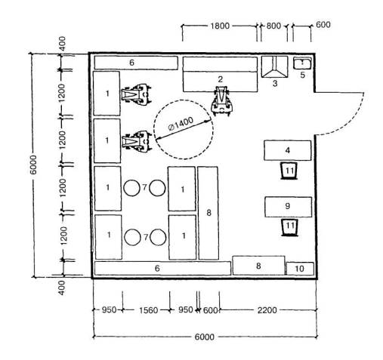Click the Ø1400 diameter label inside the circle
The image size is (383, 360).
pyautogui.click(x=181, y=124)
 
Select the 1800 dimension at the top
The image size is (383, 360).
pyautogui.click(x=220, y=26)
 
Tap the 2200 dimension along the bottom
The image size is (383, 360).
pyautogui.click(x=267, y=310)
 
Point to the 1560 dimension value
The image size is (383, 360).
pyautogui.click(x=149, y=310)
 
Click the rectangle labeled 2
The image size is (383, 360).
pyautogui.click(x=220, y=74)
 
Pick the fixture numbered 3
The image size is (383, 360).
pyautogui.click(x=274, y=67)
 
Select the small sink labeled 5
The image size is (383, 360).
pyautogui.click(x=302, y=63)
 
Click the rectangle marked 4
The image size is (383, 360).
pyautogui.click(x=287, y=150)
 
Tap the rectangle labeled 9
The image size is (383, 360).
pyautogui.click(x=288, y=207)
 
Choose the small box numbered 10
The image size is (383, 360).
pyautogui.click(x=300, y=269)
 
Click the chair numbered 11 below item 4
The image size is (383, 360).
pyautogui.click(x=289, y=171)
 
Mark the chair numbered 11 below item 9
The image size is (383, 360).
pyautogui.click(x=289, y=227)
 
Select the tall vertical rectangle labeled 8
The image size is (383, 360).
pyautogui.click(x=208, y=213)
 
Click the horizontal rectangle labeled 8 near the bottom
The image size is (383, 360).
pyautogui.click(x=258, y=266)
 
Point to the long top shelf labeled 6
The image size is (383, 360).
pyautogui.click(x=136, y=63)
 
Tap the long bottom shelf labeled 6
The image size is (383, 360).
pyautogui.click(x=162, y=269)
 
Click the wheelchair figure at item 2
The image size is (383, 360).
pyautogui.click(x=222, y=101)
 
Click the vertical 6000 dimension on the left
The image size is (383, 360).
pyautogui.click(x=33, y=165)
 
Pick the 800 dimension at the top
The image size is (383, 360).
pyautogui.click(x=273, y=26)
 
